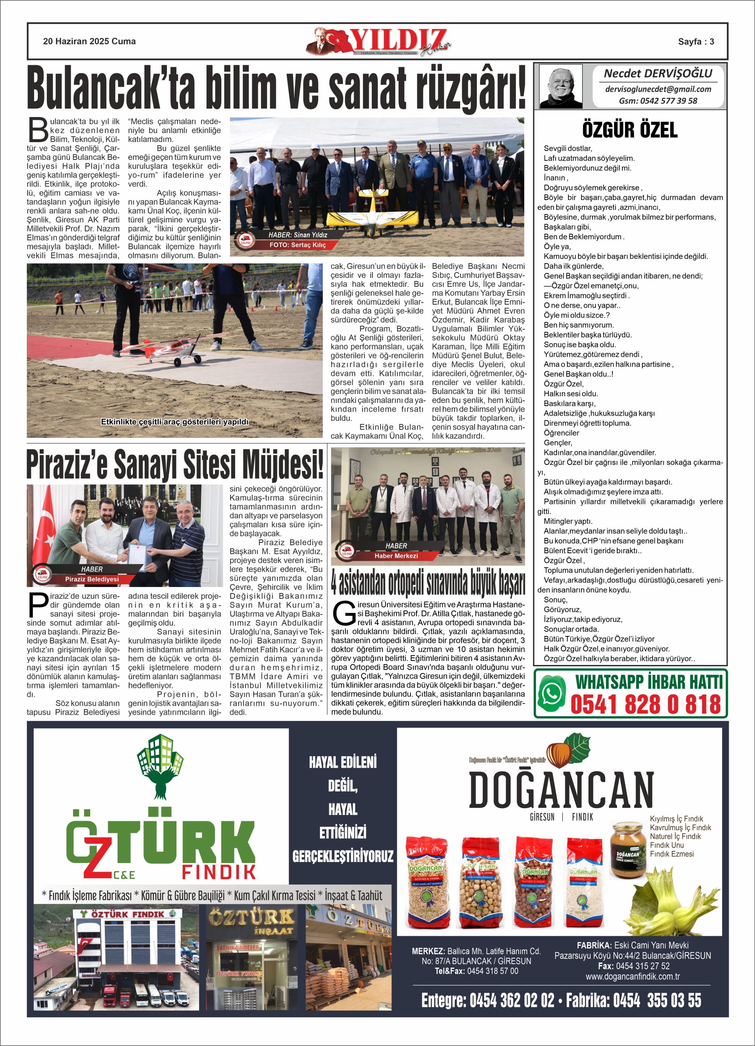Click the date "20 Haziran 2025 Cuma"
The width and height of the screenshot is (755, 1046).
[89, 41]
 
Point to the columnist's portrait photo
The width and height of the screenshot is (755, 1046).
[561, 87]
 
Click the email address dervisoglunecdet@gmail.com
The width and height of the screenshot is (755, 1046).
[658, 89]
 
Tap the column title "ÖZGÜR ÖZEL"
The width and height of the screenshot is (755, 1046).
[629, 130]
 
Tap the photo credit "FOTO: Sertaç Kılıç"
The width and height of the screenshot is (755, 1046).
[297, 245]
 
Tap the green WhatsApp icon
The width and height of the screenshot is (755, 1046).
[551, 693]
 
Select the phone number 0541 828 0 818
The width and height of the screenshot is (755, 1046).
[645, 705]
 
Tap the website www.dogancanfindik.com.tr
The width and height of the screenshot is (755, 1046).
[632, 976]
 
